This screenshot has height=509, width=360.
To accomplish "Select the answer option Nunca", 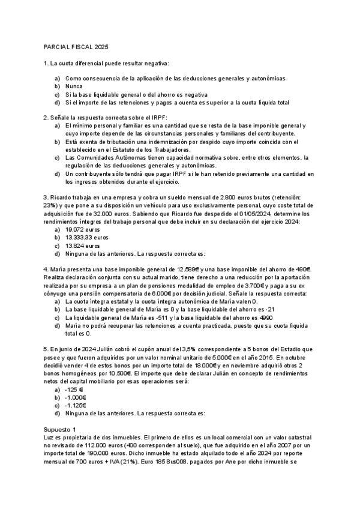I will [74, 86].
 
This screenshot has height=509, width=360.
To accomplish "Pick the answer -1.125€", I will [76, 405].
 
